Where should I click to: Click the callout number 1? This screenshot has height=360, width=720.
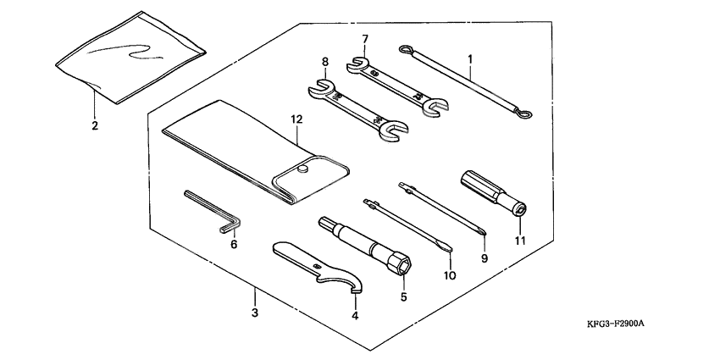[x=470, y=58]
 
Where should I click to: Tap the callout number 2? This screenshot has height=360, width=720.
[x=95, y=125]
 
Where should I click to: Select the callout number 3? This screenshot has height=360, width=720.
[x=255, y=313]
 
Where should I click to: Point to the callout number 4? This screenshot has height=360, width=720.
[x=356, y=315]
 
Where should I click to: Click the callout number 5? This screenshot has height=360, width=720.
[x=404, y=296]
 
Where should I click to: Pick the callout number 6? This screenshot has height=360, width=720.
[x=234, y=244]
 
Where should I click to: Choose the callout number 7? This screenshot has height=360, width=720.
[x=365, y=39]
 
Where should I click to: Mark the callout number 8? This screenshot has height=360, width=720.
[x=324, y=61]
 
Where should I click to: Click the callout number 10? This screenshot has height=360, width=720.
[x=450, y=275]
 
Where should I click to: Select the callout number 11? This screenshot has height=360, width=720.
[x=520, y=241]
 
